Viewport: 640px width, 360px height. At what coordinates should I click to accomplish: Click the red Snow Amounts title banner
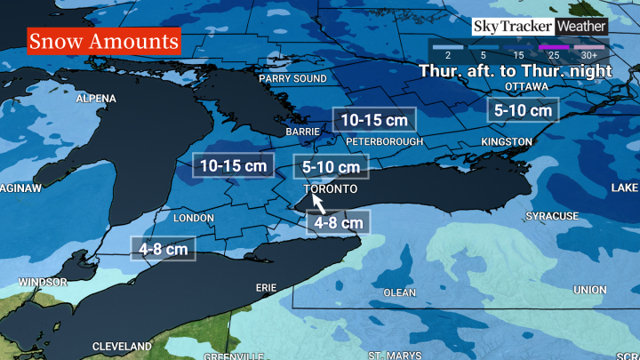point(104,42)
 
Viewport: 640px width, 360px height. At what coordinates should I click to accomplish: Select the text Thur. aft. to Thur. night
point(515,69)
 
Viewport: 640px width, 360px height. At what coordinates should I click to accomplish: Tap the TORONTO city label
point(330,190)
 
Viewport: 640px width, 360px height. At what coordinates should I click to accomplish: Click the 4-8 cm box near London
point(161,250)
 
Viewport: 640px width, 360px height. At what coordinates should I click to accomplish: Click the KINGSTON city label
point(507,142)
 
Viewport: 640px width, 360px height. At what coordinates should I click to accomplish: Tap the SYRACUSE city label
point(551,216)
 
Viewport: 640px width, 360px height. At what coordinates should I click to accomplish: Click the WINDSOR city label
point(41,282)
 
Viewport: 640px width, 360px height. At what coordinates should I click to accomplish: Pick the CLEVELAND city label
point(123,345)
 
